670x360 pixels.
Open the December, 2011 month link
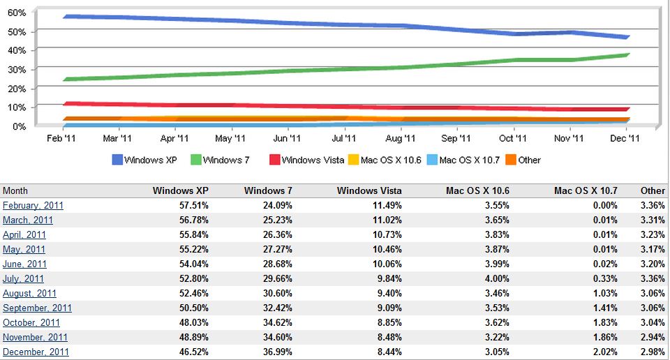36,352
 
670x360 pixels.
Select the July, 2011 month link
23,278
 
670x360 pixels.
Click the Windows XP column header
180,190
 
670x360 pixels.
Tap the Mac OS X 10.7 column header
586,190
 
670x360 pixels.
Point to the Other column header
653,190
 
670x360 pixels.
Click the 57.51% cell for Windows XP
193,205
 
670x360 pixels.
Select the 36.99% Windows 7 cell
277,352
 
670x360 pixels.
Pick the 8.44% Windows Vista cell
387,352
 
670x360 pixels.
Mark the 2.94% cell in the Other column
653,337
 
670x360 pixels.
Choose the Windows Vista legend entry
306,160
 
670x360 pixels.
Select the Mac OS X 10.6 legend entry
386,160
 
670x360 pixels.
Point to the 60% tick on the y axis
17,13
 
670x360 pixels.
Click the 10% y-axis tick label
17,107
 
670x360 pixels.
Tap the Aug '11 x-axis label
400,139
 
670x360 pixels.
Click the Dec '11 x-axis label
625,139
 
